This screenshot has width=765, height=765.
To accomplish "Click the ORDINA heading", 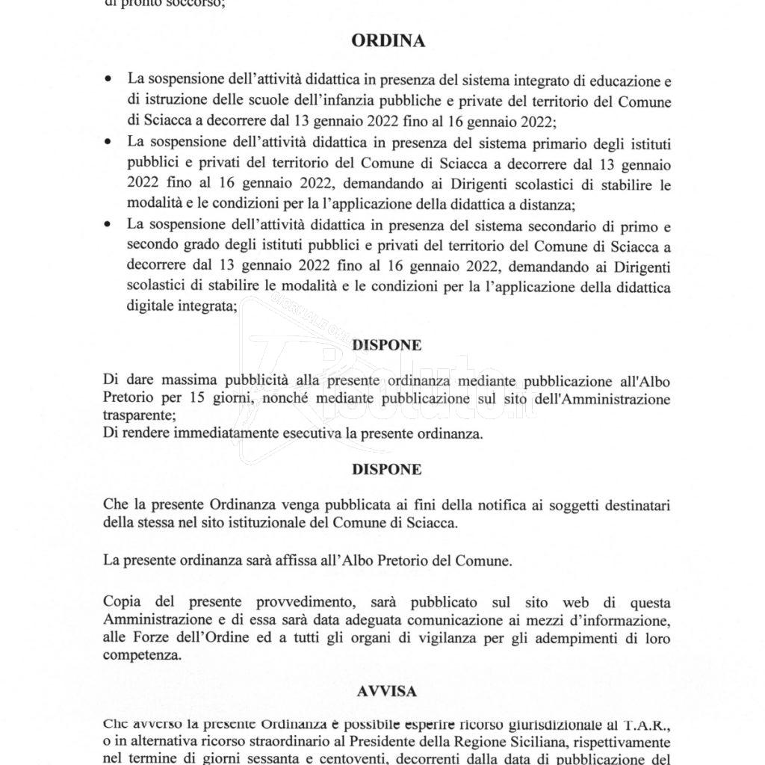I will (x=388, y=42).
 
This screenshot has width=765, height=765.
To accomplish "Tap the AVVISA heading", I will (x=387, y=692).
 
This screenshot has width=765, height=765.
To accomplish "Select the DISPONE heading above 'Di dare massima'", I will (x=387, y=345).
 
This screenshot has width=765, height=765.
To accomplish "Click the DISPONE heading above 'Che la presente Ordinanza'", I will (x=387, y=470).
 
